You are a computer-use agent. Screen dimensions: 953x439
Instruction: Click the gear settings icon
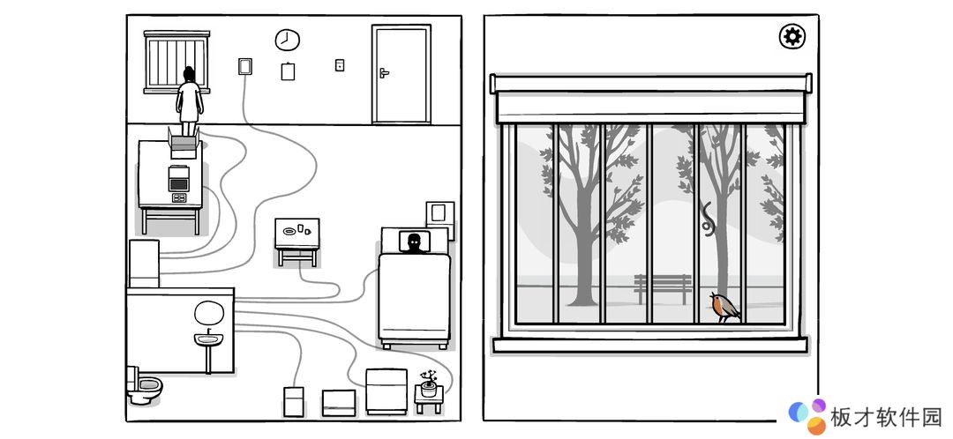[x=792, y=37]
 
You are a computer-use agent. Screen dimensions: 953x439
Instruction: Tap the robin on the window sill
[x=724, y=307]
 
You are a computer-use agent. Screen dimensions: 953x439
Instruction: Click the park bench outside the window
[x=663, y=288]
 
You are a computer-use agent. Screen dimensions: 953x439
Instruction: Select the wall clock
[x=287, y=40]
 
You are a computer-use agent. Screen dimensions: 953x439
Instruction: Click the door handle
[x=384, y=73]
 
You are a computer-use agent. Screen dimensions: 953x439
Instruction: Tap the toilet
[x=144, y=385]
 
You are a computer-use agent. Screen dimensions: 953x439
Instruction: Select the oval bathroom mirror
[x=209, y=313]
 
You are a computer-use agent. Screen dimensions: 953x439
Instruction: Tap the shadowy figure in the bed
[x=414, y=242]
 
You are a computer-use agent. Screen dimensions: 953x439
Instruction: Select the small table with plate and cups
[x=297, y=241]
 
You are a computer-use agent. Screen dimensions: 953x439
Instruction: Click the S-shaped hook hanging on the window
[x=708, y=219]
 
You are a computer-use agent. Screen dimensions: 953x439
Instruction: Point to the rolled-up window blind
[x=651, y=98]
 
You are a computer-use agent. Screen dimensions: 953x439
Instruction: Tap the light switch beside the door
[x=340, y=64]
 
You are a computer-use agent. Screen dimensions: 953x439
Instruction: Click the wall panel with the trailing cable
[x=245, y=65]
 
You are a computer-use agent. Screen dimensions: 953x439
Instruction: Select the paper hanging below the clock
[x=288, y=71]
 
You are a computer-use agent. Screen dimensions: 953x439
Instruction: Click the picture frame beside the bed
[x=440, y=213]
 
